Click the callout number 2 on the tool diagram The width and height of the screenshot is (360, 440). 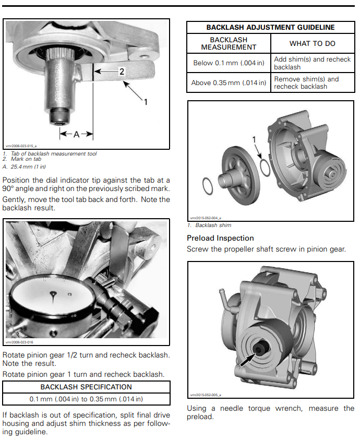(122, 72)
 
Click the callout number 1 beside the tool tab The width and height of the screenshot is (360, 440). (146, 102)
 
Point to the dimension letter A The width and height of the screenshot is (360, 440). (76, 134)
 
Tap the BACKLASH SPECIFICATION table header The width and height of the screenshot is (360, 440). (86, 387)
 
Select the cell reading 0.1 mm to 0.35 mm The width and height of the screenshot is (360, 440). (86, 399)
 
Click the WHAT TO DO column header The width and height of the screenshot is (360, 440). (312, 43)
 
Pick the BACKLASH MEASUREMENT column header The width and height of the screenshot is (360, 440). (229, 43)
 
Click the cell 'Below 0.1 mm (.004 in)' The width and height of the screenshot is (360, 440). (229, 63)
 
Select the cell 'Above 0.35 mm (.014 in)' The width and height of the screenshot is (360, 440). (229, 82)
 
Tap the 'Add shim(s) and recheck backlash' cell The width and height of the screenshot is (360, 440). (312, 63)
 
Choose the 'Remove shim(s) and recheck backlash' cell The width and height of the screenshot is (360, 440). (312, 82)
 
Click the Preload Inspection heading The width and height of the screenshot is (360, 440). (220, 238)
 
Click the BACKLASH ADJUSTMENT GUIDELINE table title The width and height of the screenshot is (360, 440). (270, 27)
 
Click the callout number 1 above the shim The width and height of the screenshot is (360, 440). (255, 139)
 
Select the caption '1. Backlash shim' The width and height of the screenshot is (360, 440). (209, 225)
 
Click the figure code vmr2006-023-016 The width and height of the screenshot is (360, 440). (19, 342)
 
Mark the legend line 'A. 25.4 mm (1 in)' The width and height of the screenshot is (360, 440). (25, 167)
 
